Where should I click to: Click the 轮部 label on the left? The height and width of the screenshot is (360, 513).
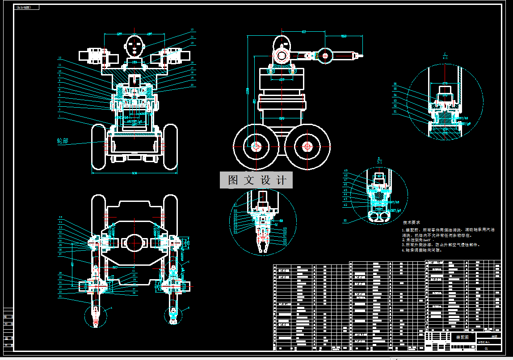tap(63, 141)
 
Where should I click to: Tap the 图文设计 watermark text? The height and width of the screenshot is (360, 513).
tap(256, 180)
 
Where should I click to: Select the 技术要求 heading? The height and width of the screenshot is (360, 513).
tap(412, 222)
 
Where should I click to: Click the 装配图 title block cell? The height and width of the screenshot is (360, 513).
tap(463, 338)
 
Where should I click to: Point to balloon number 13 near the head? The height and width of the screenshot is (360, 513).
tap(192, 30)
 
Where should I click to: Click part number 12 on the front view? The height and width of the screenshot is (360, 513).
tap(59, 59)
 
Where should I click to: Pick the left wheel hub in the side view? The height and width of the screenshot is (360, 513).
tap(256, 147)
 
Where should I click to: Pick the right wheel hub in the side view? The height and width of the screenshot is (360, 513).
tap(307, 147)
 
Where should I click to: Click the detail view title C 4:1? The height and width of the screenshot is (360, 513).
tap(445, 55)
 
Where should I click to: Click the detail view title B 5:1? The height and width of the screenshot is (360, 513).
tap(379, 160)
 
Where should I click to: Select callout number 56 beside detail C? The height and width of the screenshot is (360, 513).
tap(395, 84)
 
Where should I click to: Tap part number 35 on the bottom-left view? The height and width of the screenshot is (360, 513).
tap(60, 218)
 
